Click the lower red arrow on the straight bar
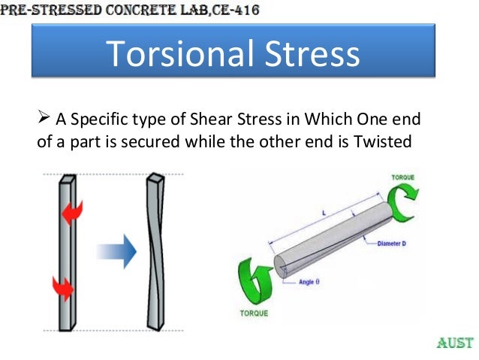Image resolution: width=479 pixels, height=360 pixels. tap(62, 286)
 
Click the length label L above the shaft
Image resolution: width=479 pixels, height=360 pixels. tap(322, 214)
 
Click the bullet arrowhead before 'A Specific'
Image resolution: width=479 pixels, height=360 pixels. tap(43, 119)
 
